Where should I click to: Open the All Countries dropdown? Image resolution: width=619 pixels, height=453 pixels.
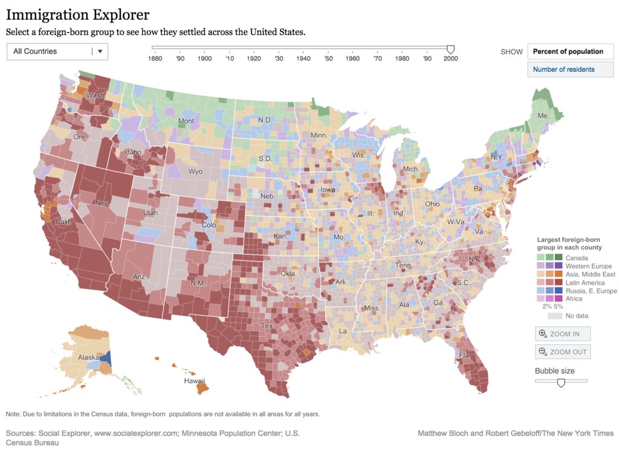pyautogui.click(x=57, y=51)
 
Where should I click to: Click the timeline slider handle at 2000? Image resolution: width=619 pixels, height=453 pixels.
pyautogui.click(x=450, y=49)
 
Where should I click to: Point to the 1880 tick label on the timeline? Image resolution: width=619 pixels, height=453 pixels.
pyautogui.click(x=155, y=59)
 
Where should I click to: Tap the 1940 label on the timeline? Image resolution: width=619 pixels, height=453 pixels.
pyautogui.click(x=303, y=59)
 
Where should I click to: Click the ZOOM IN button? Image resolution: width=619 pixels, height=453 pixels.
pyautogui.click(x=562, y=333)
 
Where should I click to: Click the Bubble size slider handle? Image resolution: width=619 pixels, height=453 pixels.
pyautogui.click(x=561, y=382)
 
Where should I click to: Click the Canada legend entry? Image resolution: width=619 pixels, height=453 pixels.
pyautogui.click(x=577, y=258)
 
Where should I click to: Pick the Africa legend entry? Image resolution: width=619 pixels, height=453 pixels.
pyautogui.click(x=575, y=299)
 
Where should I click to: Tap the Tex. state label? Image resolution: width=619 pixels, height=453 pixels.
pyautogui.click(x=267, y=326)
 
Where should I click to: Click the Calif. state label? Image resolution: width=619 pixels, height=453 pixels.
pyautogui.click(x=63, y=222)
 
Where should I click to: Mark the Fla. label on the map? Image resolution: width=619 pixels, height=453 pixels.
pyautogui.click(x=464, y=356)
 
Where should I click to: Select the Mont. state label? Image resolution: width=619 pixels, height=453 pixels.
pyautogui.click(x=187, y=121)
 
